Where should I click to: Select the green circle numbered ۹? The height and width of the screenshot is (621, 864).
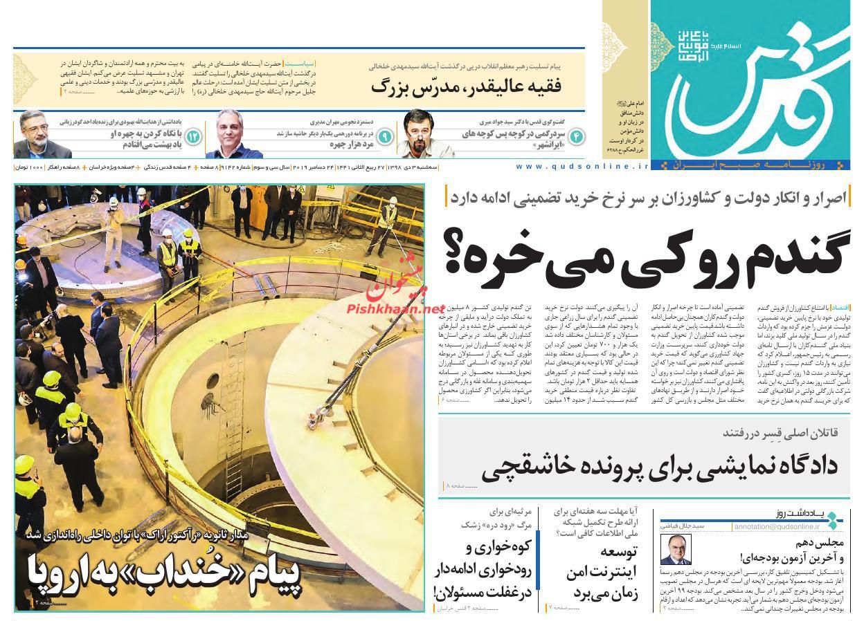click(385, 136)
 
